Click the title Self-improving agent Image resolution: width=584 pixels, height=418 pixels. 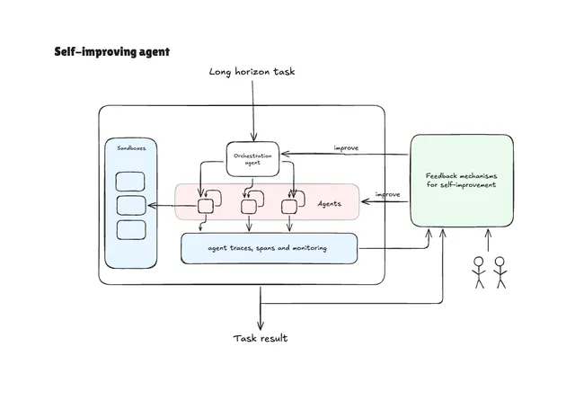pyautogui.click(x=111, y=52)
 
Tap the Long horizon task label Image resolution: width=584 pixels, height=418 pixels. pyautogui.click(x=252, y=71)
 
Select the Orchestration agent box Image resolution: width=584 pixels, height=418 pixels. pyautogui.click(x=253, y=158)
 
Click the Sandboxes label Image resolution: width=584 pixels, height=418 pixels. pyautogui.click(x=131, y=147)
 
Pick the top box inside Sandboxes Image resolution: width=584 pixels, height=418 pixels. pyautogui.click(x=131, y=180)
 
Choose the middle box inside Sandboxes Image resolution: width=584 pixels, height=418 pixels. pyautogui.click(x=131, y=204)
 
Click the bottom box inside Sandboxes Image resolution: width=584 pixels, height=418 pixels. pyautogui.click(x=131, y=229)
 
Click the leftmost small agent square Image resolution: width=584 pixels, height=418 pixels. pyautogui.click(x=205, y=207)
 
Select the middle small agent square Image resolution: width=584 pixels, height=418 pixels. pyautogui.click(x=249, y=207)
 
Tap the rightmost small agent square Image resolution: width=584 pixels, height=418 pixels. pyautogui.click(x=289, y=207)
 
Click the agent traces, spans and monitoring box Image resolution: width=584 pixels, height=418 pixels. pyautogui.click(x=269, y=248)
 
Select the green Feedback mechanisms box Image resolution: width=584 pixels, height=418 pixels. pyautogui.click(x=462, y=180)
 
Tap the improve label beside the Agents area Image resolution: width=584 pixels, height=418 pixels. pyautogui.click(x=387, y=194)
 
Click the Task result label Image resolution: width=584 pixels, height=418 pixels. pyautogui.click(x=261, y=338)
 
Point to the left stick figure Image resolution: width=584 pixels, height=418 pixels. pyautogui.click(x=478, y=271)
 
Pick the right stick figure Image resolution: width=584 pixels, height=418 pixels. pyautogui.click(x=500, y=271)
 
